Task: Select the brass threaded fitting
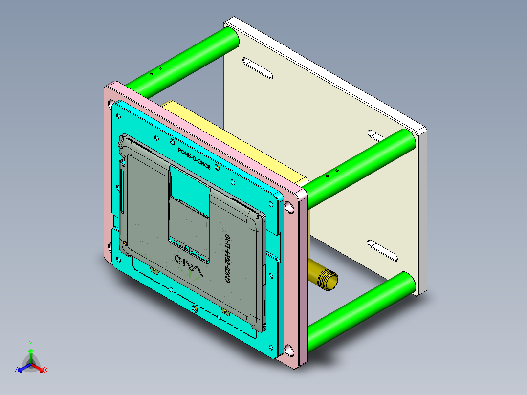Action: coord(324,278)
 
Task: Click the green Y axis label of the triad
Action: coord(31,344)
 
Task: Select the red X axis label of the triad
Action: coord(46,371)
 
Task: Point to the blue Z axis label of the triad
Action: coord(16,371)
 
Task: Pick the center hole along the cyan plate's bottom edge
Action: coord(195,308)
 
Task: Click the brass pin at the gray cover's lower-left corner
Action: coord(126,243)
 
